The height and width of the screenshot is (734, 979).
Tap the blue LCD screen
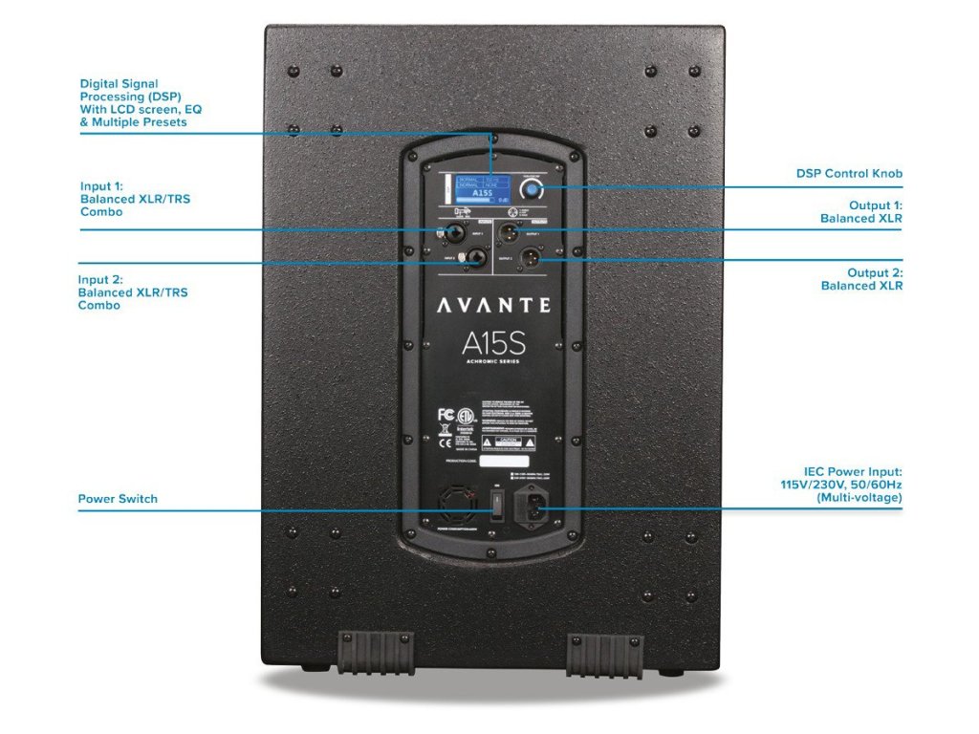pos(484,186)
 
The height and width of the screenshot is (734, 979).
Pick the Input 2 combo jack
pos(472,257)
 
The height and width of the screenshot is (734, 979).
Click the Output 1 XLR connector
pos(510,231)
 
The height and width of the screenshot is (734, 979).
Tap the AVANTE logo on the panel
pos(493,306)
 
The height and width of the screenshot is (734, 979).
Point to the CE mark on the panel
pos(445,443)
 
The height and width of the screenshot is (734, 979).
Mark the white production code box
pos(504,462)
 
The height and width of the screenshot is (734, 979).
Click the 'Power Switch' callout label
pos(118,499)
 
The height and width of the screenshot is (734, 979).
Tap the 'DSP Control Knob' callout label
pos(849,174)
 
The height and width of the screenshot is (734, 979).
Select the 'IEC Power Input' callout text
pos(840,485)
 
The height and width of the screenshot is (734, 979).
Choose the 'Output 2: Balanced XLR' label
pos(861,279)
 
